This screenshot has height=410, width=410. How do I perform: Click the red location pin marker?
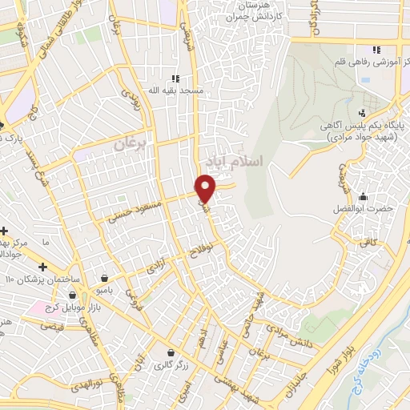(206, 187)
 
